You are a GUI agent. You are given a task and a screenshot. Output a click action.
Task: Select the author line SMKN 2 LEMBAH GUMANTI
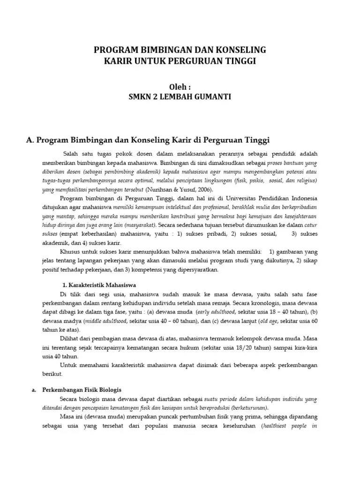coord(180,97)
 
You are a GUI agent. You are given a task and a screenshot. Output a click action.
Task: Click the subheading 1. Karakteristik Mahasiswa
coord(99,285)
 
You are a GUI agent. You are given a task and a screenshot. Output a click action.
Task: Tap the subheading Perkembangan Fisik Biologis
coord(82,390)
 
